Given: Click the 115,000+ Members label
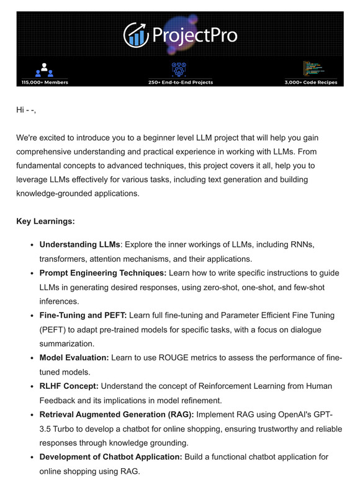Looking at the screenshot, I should [x=44, y=82].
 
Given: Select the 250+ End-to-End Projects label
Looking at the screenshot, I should [x=181, y=82].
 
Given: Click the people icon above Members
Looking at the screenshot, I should [x=44, y=69].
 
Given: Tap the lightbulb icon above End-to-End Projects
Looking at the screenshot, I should [x=179, y=68].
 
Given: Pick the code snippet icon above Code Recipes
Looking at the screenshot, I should [x=312, y=68].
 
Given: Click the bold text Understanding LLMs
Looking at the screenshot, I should [x=79, y=245].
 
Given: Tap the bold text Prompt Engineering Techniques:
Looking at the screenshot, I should [x=102, y=273].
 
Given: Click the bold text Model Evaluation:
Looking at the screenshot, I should [x=74, y=358].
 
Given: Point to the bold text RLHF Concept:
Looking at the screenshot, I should [x=69, y=386].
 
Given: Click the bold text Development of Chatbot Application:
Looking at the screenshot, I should [x=110, y=457].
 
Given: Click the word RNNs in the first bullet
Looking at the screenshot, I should [x=301, y=245].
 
